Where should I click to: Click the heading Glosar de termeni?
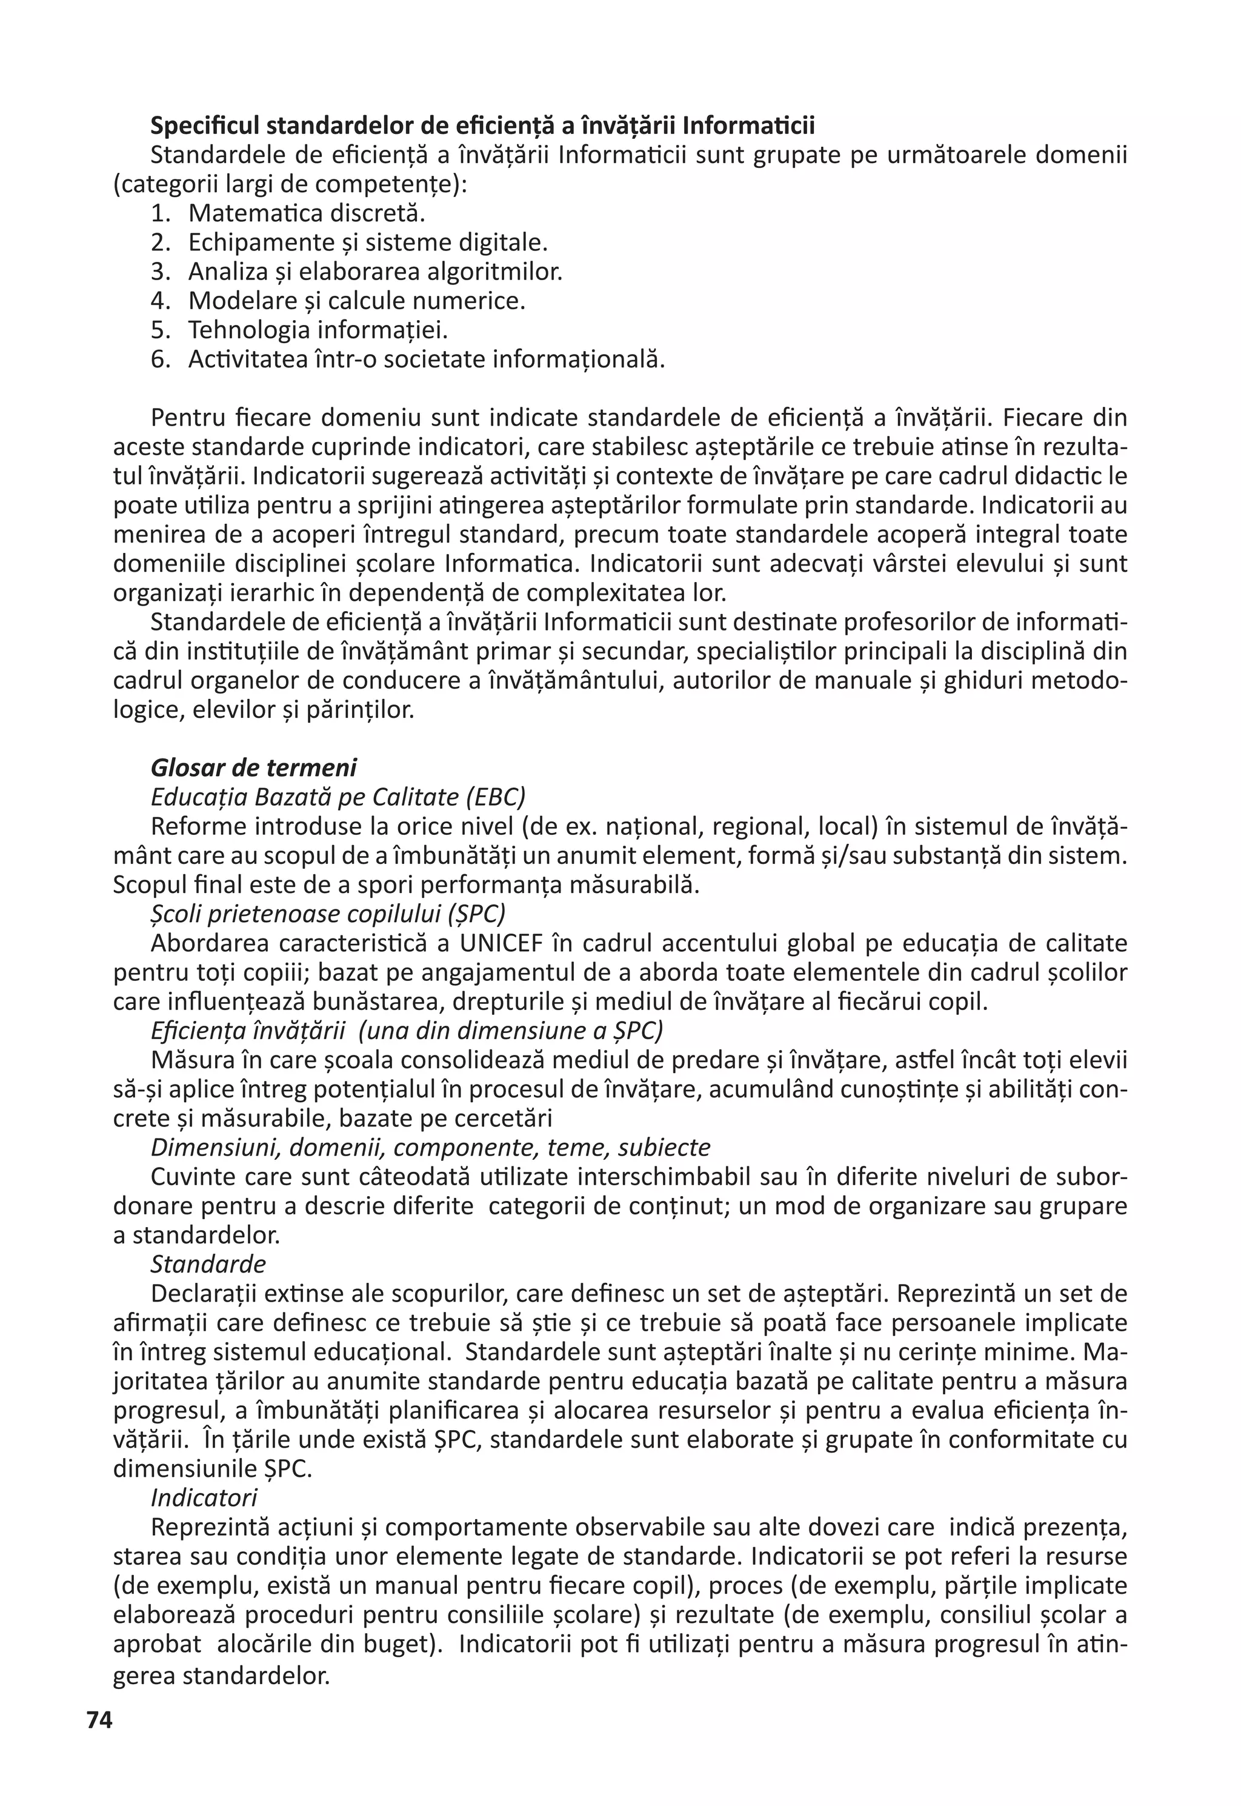click(x=253, y=768)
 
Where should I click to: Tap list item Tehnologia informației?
click(x=318, y=330)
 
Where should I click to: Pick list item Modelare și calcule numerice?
click(x=356, y=301)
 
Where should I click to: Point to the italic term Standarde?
click(x=208, y=1263)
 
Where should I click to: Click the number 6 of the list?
click(x=159, y=360)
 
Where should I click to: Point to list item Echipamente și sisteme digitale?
click(x=368, y=242)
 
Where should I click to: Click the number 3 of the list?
click(x=159, y=272)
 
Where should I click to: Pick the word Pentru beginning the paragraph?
click(x=187, y=418)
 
